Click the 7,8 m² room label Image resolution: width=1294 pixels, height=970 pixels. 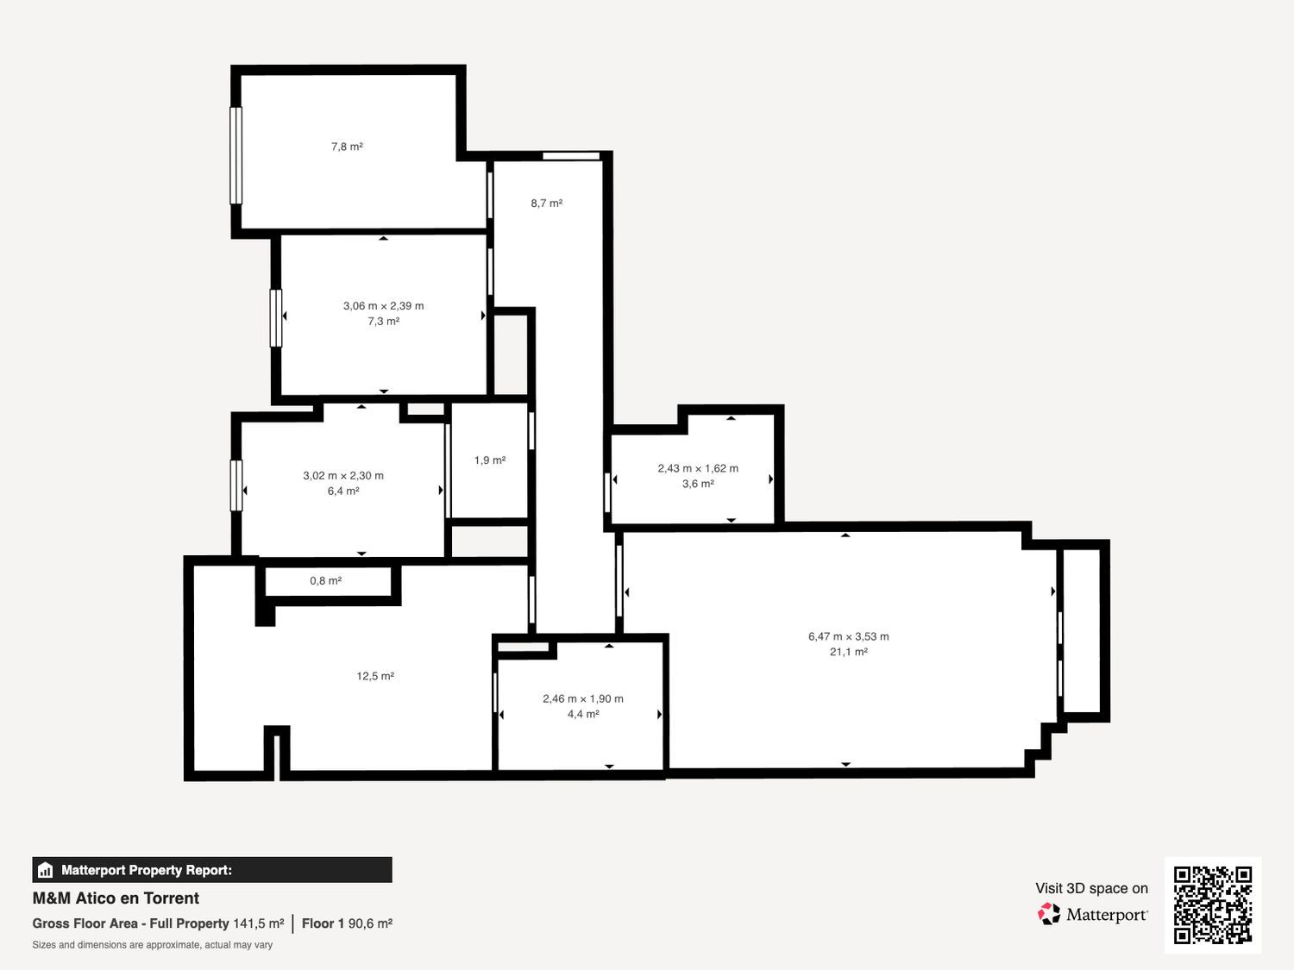[x=347, y=147]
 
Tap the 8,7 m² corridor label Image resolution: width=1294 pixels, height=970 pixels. [x=546, y=203]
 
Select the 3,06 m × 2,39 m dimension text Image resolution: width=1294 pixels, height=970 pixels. [x=383, y=306]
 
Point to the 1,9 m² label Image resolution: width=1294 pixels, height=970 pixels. [x=490, y=460]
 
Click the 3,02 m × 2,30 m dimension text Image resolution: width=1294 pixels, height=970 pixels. [x=343, y=475]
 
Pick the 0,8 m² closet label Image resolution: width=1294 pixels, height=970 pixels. [x=325, y=580]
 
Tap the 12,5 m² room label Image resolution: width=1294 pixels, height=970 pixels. [x=375, y=676]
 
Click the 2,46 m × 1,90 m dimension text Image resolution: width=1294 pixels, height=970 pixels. [x=583, y=698]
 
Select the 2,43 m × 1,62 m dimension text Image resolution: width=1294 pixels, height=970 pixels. [x=698, y=468]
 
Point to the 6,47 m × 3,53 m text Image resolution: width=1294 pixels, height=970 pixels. [x=848, y=636]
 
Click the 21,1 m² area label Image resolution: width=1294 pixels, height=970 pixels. [x=848, y=652]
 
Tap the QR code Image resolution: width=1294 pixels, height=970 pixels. [x=1213, y=904]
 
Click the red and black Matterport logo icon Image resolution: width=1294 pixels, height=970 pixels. [x=1049, y=914]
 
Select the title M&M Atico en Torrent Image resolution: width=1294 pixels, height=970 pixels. [x=116, y=898]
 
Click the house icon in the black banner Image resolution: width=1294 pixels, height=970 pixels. [x=46, y=870]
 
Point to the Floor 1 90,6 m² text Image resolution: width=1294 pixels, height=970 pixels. [x=348, y=923]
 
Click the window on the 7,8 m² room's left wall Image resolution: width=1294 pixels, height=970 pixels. [x=236, y=155]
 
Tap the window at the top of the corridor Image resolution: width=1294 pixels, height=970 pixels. [x=571, y=156]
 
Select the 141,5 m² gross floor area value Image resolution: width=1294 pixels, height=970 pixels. [x=259, y=923]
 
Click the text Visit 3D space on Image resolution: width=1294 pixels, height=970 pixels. [x=1092, y=888]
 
